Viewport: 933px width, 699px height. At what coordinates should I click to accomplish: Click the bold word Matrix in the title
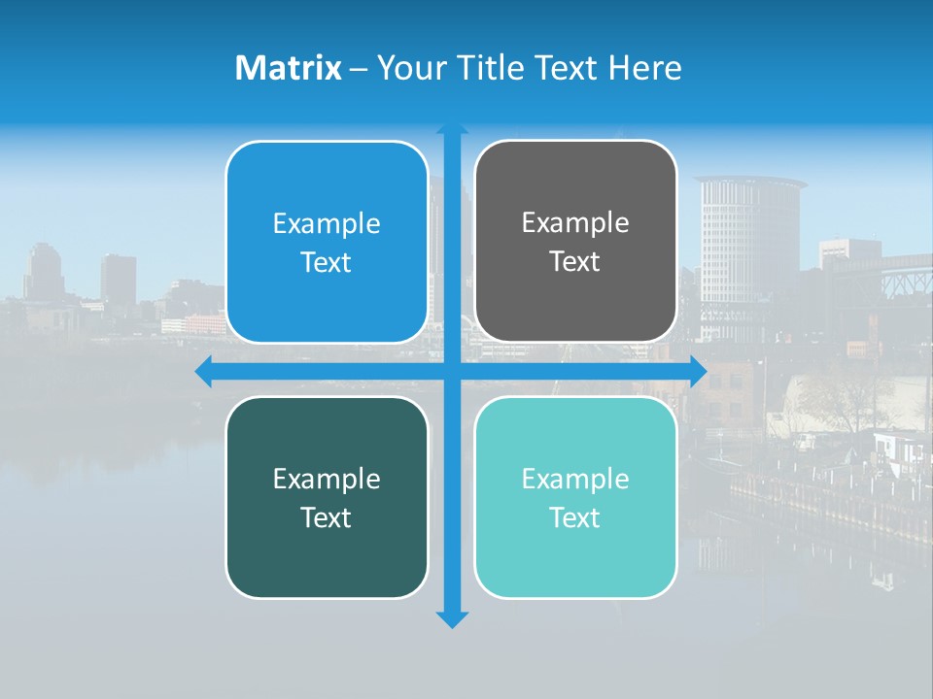(x=289, y=68)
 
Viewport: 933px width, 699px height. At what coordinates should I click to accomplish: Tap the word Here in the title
(x=645, y=68)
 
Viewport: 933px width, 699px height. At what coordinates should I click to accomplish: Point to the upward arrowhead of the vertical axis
(x=451, y=129)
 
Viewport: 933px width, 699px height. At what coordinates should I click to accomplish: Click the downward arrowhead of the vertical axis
(x=451, y=619)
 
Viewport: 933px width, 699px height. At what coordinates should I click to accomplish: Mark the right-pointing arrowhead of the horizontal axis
(x=698, y=371)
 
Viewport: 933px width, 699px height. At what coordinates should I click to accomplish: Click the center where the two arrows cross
(x=451, y=371)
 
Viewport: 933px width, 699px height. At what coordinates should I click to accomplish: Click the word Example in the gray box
(x=575, y=223)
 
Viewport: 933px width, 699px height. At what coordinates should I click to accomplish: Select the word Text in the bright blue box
(x=327, y=263)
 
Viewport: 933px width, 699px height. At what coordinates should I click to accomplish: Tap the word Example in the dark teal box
(x=327, y=479)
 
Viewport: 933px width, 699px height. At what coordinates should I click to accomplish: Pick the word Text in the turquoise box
(x=575, y=517)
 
